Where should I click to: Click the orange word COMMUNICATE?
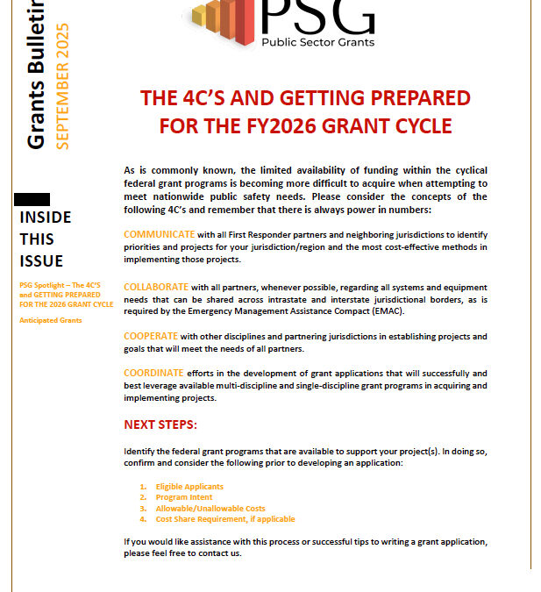[159, 235]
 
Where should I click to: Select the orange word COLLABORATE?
[156, 287]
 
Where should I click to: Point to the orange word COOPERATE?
[151, 337]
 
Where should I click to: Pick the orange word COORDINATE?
[155, 373]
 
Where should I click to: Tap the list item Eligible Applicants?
[189, 487]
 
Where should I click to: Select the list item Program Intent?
[183, 497]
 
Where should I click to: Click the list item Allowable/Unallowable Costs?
[210, 509]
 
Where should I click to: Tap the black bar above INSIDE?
[33, 200]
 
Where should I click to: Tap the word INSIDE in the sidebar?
[46, 218]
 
